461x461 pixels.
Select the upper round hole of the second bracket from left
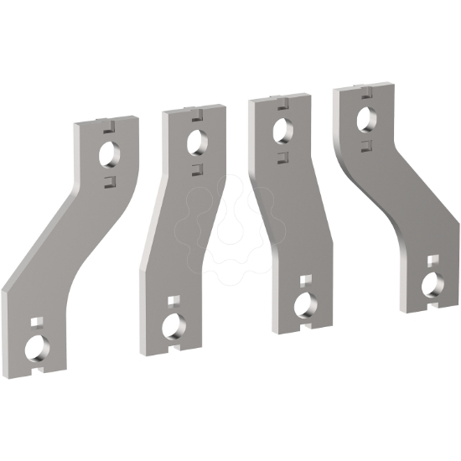[197, 139]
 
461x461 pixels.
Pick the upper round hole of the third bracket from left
[282, 129]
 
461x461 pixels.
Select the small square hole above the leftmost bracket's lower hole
[36, 320]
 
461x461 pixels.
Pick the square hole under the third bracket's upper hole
[283, 156]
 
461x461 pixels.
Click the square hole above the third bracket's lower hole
[304, 278]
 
